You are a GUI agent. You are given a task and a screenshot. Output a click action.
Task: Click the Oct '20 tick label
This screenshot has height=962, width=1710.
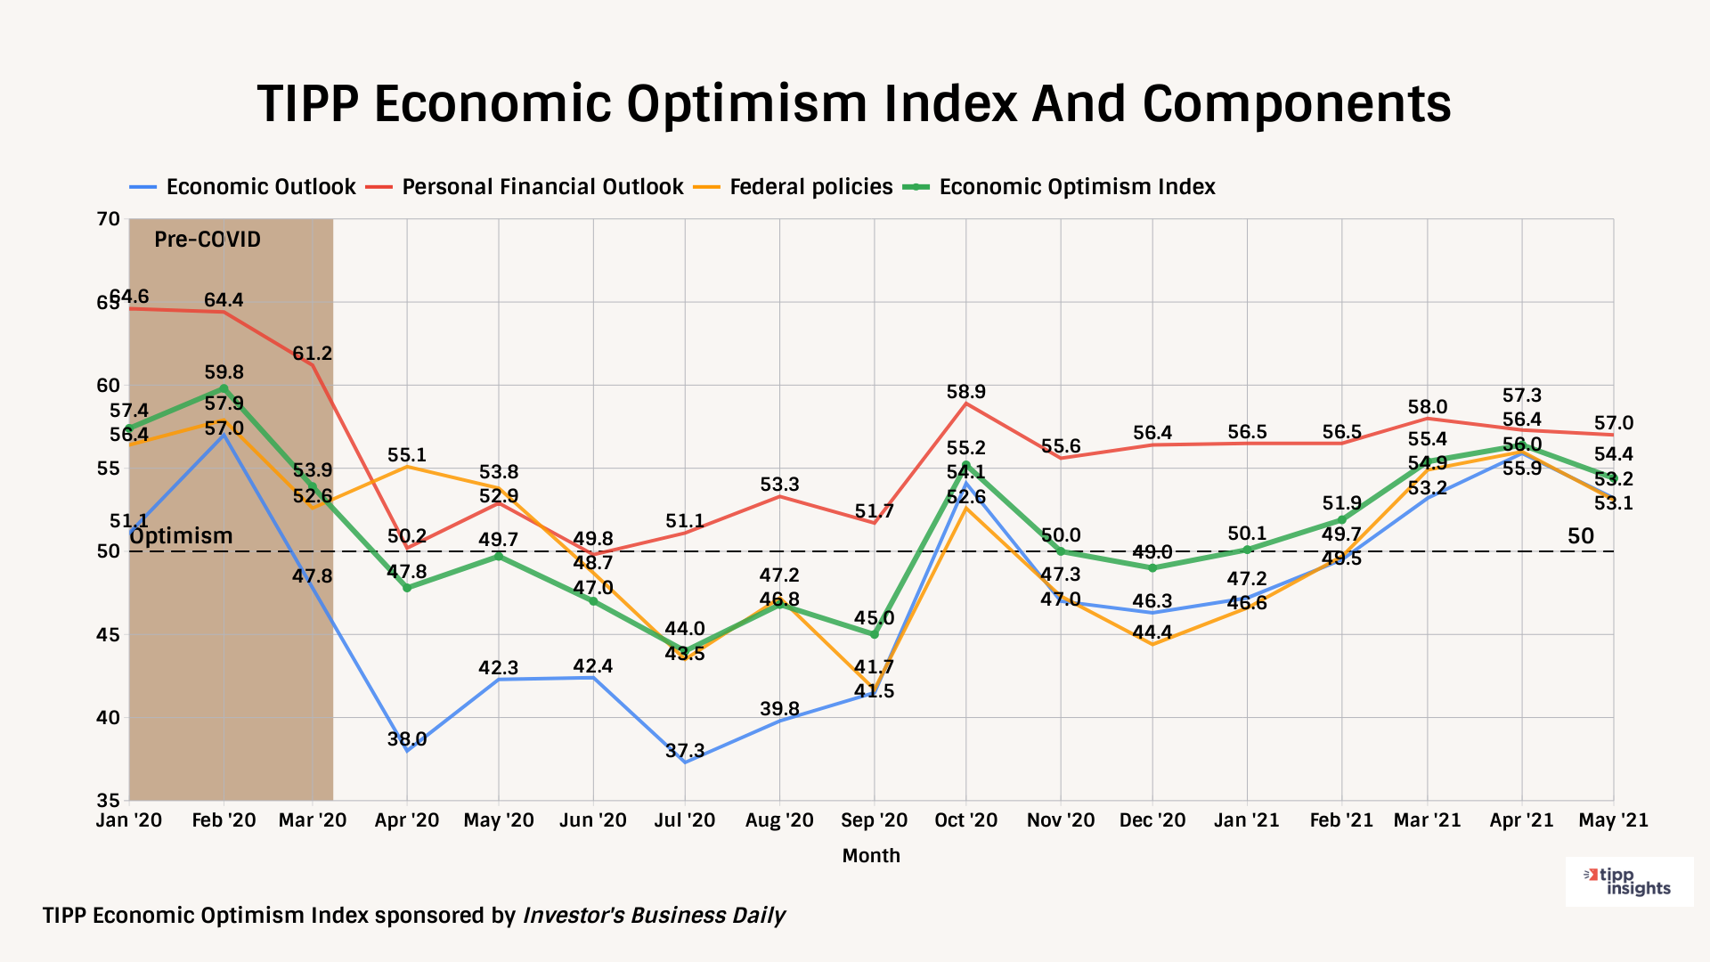966,820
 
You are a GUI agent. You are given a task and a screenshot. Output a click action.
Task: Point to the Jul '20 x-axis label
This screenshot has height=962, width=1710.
684,820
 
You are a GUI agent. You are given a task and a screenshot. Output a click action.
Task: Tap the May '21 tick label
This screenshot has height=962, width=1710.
1613,820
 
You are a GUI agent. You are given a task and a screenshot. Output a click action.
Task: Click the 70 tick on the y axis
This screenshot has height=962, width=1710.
108,219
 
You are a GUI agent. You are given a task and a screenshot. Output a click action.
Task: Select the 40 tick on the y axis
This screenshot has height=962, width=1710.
108,718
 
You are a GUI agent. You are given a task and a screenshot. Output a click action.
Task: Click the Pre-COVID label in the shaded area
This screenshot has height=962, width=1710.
208,240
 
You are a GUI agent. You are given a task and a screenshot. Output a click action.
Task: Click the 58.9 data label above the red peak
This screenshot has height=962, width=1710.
966,392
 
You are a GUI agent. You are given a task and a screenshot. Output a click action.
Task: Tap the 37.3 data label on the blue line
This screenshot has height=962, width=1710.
685,751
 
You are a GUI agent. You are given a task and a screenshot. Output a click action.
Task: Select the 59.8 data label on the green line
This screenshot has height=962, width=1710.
224,372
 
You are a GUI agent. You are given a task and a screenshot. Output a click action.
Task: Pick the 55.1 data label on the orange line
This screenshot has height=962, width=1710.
407,456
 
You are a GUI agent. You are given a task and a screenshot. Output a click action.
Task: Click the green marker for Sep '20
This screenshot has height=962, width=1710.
875,635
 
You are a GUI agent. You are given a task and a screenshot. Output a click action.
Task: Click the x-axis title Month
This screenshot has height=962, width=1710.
871,856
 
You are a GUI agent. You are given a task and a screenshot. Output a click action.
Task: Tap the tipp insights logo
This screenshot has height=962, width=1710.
1629,882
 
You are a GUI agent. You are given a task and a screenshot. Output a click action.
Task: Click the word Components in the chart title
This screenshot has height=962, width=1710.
1297,104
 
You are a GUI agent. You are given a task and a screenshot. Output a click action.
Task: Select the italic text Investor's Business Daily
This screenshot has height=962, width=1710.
654,916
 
